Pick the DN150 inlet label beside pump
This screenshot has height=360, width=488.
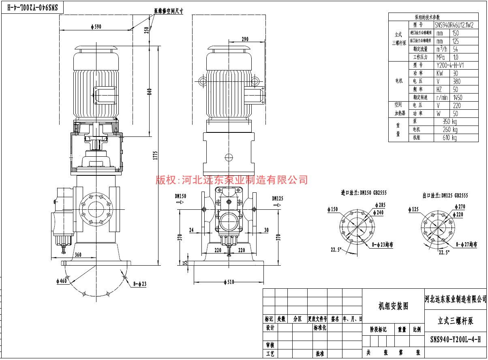(180, 196)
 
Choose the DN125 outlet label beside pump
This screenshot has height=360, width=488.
(278, 198)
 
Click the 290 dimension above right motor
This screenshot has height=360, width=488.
(244, 39)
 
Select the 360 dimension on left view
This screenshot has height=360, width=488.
(78, 255)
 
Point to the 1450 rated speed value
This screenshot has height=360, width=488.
(457, 98)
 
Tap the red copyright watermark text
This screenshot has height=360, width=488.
(232, 179)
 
